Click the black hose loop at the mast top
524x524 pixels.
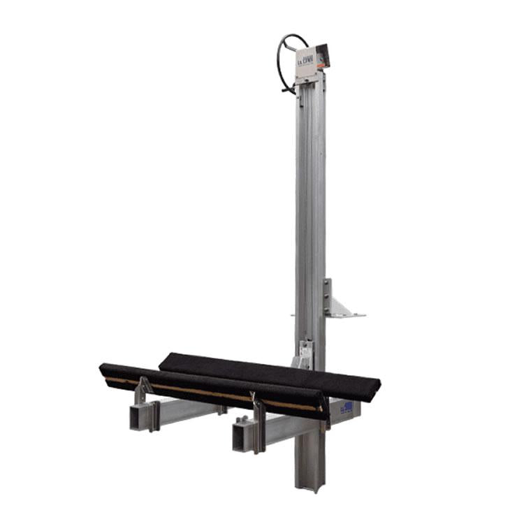[282, 52]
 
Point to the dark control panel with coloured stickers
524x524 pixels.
[322, 55]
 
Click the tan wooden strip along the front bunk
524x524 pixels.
[210, 391]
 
